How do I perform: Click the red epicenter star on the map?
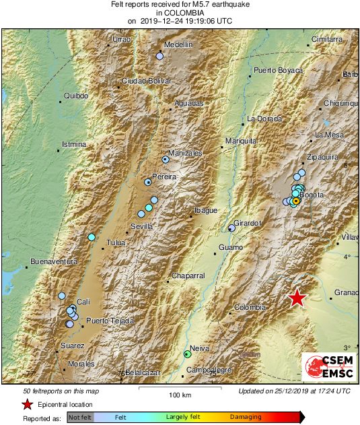click(x=297, y=298)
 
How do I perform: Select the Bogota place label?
click(x=312, y=195)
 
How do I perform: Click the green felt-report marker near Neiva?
click(x=188, y=354)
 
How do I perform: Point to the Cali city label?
click(x=83, y=302)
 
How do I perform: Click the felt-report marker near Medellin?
click(x=159, y=57)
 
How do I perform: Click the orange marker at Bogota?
click(x=296, y=201)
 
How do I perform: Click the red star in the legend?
click(x=27, y=404)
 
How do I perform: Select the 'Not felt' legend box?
click(x=80, y=418)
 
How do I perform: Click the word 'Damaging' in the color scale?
click(x=246, y=418)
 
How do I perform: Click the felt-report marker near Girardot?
click(x=231, y=228)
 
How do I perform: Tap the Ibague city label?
click(x=205, y=211)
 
